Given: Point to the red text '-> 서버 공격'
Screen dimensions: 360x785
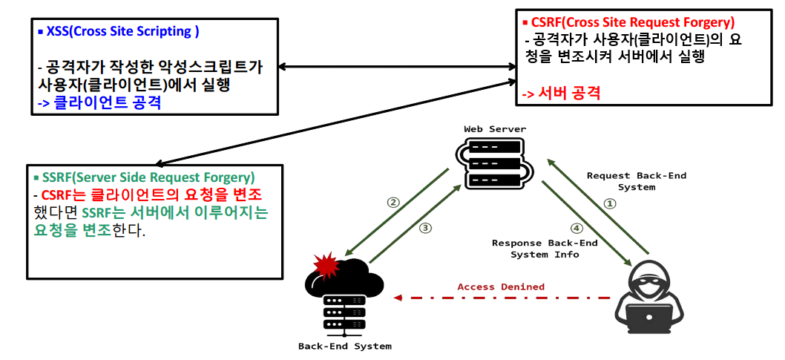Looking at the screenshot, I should pos(560,94).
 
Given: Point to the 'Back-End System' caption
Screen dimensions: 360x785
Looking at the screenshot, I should pos(344,346).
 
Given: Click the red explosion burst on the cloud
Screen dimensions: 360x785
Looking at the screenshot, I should pos(326,265).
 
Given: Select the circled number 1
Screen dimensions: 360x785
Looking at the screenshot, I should pos(609,203).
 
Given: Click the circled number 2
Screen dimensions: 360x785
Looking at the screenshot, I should pos(393,202).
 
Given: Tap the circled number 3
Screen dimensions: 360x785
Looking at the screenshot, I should pos(425,228).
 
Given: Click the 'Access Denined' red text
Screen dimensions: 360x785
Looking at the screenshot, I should pos(501,287).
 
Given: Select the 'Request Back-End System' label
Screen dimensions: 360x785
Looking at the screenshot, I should pos(636,181).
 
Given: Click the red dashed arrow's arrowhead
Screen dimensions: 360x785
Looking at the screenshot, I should pos(398,298).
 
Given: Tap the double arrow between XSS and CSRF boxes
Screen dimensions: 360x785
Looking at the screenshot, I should pos(396,67).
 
